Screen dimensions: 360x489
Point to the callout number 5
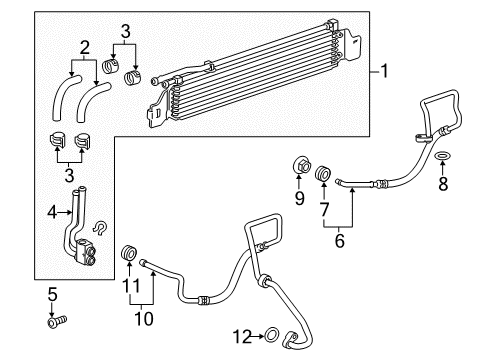pyautogui.click(x=52, y=293)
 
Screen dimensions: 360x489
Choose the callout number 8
pyautogui.click(x=443, y=183)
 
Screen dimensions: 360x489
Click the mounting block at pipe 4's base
pyautogui.click(x=87, y=253)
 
